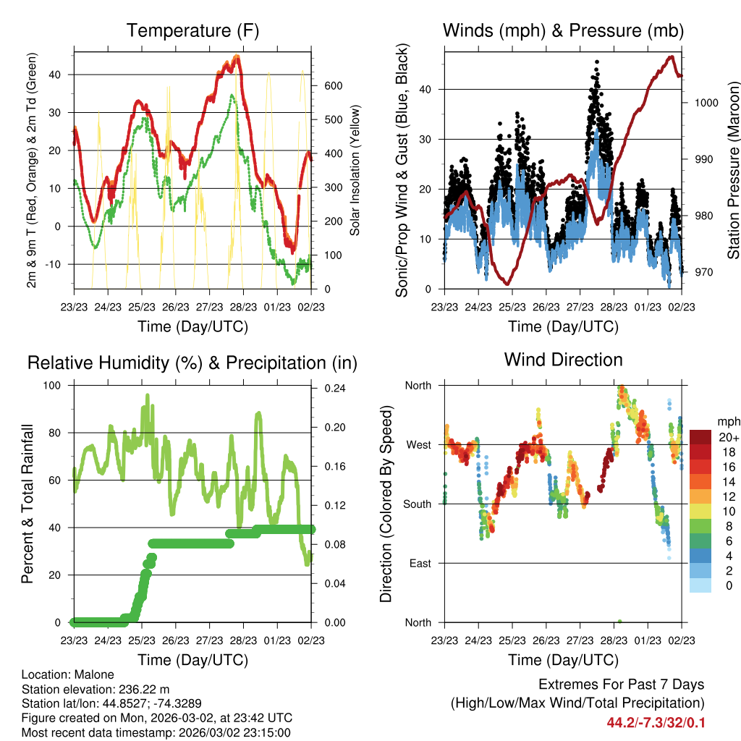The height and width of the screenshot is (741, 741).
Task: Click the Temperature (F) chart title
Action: click(x=192, y=30)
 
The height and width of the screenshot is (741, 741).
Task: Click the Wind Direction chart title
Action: click(x=563, y=360)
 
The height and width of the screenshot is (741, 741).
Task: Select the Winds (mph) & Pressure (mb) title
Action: click(x=563, y=30)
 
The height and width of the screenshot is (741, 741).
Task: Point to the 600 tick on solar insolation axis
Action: click(x=333, y=85)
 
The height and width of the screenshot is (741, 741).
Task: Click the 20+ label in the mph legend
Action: click(x=729, y=437)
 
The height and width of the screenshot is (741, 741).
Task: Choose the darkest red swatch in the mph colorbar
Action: click(x=700, y=437)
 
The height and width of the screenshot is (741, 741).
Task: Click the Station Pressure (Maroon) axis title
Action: click(x=733, y=170)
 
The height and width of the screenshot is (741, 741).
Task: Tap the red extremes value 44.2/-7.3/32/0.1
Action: click(x=657, y=723)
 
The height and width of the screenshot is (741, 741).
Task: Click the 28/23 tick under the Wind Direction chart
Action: click(x=614, y=640)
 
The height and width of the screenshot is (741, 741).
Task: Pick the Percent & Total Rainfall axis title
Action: click(x=27, y=503)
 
